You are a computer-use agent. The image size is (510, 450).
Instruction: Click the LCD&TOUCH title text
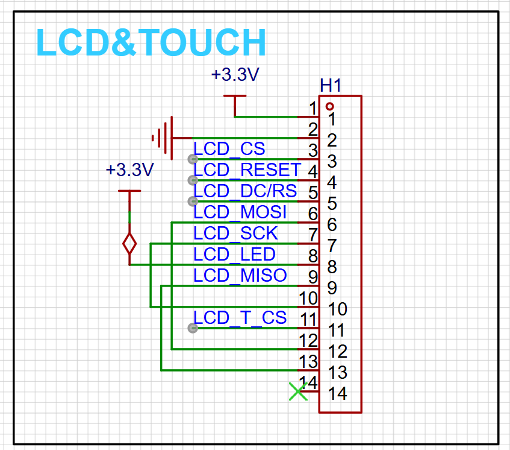click(x=151, y=43)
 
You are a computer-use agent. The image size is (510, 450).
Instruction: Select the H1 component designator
click(x=331, y=86)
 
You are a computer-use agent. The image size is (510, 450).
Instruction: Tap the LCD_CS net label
click(x=229, y=148)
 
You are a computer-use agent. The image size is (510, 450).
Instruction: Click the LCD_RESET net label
click(x=247, y=170)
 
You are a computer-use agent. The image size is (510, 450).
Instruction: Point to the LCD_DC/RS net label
click(x=246, y=191)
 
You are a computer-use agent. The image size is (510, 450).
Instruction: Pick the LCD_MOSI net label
click(x=240, y=212)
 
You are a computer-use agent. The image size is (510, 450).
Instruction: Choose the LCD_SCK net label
click(x=235, y=233)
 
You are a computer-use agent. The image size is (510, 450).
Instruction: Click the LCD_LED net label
click(x=234, y=254)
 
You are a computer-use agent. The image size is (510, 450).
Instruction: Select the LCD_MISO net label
click(x=240, y=275)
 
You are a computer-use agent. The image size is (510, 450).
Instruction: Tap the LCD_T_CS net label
click(x=240, y=317)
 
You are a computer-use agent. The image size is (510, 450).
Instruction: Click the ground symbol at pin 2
click(x=163, y=138)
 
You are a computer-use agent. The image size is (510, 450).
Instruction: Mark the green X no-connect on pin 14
click(x=297, y=391)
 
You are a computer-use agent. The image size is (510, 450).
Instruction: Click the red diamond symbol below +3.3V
click(x=129, y=244)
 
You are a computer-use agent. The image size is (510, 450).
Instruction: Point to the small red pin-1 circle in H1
click(x=329, y=106)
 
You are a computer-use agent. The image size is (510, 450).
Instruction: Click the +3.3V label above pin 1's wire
click(x=235, y=75)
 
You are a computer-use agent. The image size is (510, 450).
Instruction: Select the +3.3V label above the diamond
click(x=129, y=170)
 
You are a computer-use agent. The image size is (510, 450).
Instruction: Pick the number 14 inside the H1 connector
click(x=337, y=394)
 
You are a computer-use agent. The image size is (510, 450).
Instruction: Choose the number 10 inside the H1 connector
click(x=337, y=309)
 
